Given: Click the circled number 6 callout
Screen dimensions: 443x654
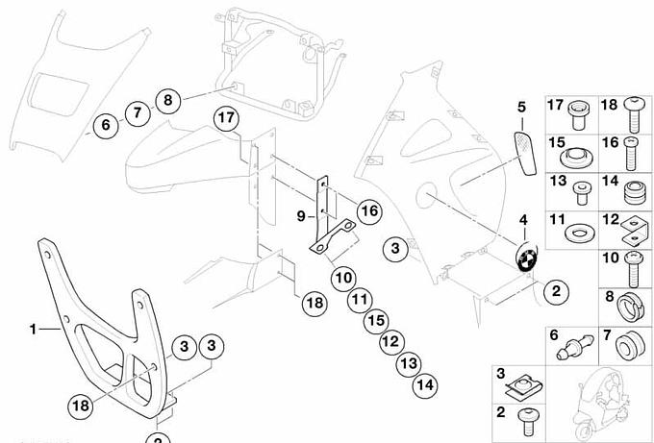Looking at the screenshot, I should [105, 124].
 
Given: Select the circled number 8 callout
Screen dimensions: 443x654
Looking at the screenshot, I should [167, 99].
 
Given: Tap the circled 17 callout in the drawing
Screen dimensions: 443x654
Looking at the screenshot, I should [225, 119].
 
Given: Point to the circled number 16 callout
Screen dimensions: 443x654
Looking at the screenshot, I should [369, 211].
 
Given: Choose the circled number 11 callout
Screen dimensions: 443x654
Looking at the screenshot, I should [359, 300].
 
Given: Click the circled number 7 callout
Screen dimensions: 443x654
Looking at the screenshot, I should [137, 112].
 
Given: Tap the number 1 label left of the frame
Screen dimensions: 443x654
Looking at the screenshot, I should [32, 329].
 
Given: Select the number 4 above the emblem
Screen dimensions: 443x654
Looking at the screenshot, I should [523, 221].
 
